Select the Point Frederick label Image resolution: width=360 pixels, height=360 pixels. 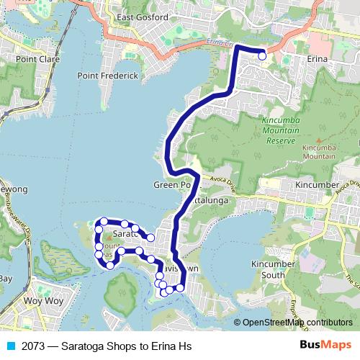tap(107, 75)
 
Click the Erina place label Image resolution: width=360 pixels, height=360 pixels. tap(317, 58)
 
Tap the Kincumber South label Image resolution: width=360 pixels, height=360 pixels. tap(273, 269)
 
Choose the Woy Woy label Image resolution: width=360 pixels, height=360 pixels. tap(40, 300)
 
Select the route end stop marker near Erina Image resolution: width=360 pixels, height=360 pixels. tap(262, 55)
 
